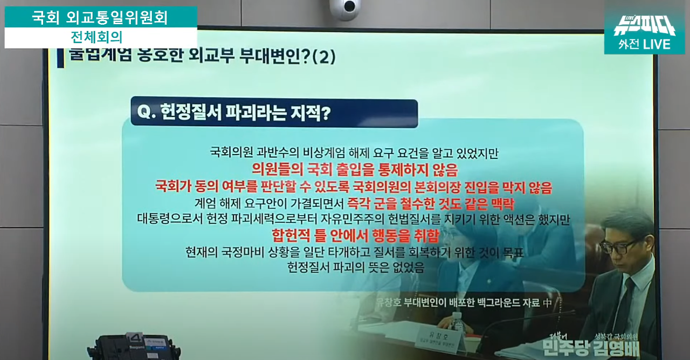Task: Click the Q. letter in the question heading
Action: pos(146,113)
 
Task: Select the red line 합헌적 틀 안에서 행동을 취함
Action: pos(355,236)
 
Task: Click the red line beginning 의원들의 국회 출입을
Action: pos(354,170)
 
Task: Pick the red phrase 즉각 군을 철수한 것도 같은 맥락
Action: pos(431,204)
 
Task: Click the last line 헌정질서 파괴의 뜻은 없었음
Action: pos(355,267)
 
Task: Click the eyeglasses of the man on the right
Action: pos(620,247)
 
